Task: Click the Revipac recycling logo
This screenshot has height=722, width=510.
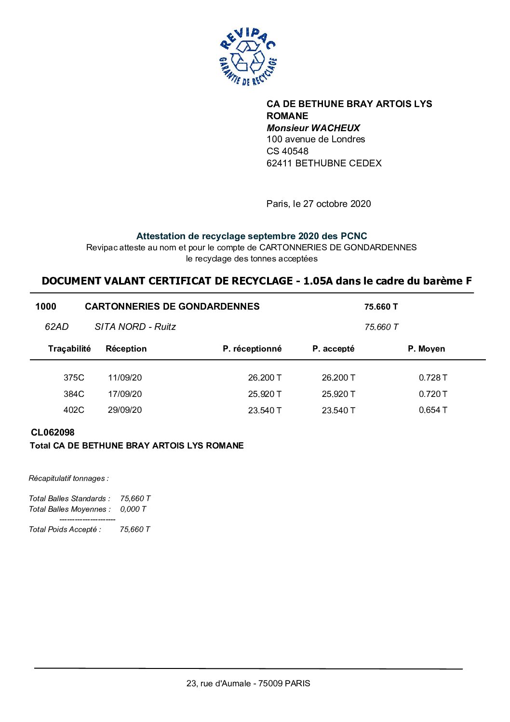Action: [x=248, y=57]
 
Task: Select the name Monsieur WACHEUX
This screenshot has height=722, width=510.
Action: [x=313, y=128]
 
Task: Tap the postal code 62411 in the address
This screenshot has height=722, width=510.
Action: [x=280, y=163]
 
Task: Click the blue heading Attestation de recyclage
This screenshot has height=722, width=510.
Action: [x=251, y=236]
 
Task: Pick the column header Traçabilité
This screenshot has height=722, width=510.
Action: [x=69, y=349]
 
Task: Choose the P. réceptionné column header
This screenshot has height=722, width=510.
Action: [x=252, y=349]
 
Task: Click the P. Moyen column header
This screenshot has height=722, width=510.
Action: [x=426, y=349]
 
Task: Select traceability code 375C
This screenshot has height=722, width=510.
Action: [x=74, y=378]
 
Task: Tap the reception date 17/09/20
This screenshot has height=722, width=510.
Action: [x=125, y=394]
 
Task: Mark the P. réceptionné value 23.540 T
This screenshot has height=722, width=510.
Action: [x=265, y=410]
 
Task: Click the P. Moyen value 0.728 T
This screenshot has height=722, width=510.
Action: [x=433, y=378]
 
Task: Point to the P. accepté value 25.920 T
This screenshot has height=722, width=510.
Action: [x=338, y=394]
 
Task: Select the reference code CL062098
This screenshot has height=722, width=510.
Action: [x=53, y=433]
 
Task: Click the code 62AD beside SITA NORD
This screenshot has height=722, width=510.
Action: [x=56, y=327]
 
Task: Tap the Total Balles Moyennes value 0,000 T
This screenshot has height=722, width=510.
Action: [x=133, y=509]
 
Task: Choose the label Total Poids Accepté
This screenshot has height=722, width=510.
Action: [x=65, y=529]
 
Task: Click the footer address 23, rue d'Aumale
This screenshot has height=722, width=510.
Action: [x=248, y=683]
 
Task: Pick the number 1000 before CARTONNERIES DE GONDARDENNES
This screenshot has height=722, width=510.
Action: [x=46, y=306]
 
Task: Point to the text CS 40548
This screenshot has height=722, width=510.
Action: [x=287, y=151]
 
